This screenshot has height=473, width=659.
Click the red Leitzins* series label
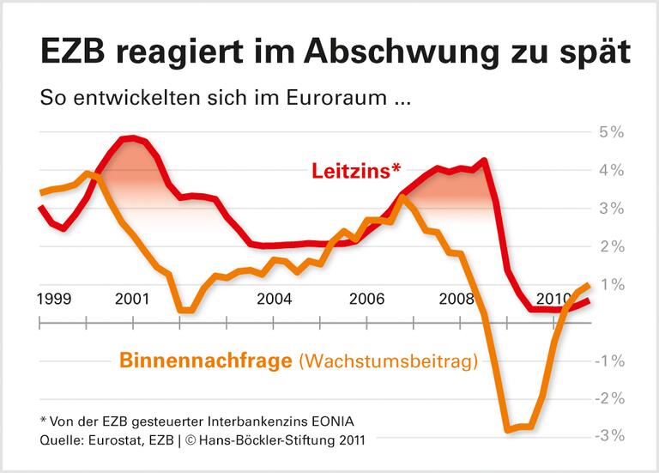click(x=355, y=170)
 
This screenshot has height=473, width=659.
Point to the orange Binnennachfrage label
click(x=205, y=361)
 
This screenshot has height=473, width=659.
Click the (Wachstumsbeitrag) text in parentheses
click(x=387, y=362)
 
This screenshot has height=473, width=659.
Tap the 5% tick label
click(x=610, y=133)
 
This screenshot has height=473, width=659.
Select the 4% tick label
click(x=610, y=171)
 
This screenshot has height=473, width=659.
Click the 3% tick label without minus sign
click(x=610, y=209)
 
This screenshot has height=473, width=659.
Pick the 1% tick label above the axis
click(x=612, y=284)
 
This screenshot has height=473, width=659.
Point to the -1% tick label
click(x=608, y=361)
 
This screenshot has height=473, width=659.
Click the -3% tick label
click(x=608, y=435)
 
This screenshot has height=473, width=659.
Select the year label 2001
click(x=131, y=300)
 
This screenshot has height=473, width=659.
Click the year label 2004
click(x=274, y=300)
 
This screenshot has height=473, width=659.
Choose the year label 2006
click(x=367, y=300)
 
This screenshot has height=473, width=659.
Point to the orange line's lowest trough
click(x=508, y=429)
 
